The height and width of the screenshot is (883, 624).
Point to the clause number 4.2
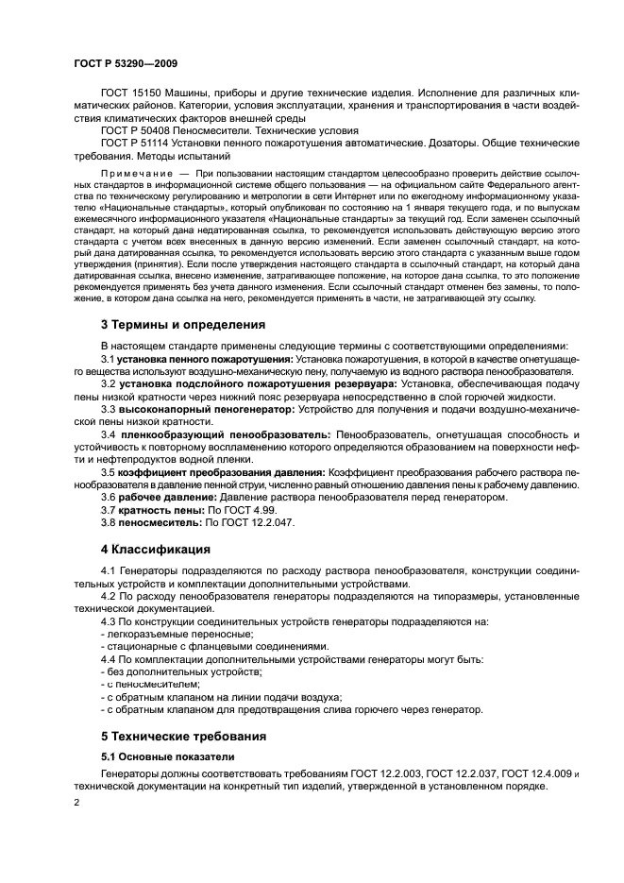[x=109, y=598]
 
